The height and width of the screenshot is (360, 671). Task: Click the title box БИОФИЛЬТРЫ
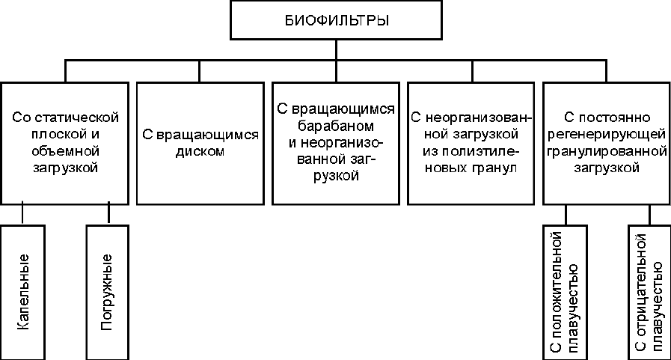[x=336, y=20]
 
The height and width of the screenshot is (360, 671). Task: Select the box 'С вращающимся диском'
[x=200, y=144]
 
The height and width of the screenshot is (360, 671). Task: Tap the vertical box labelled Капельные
[x=22, y=293]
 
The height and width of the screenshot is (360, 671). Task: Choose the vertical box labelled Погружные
[x=108, y=293]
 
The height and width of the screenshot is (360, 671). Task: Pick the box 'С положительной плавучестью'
[x=565, y=293]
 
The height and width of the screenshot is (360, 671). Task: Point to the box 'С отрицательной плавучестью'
[x=649, y=293]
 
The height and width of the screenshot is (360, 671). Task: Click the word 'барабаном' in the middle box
[x=336, y=126]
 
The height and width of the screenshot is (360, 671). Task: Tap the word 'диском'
[x=200, y=151]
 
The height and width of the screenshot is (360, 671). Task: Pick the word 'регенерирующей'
[x=607, y=135]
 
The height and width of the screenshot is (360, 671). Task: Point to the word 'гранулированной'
[x=607, y=151]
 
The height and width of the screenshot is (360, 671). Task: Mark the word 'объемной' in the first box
[x=66, y=150]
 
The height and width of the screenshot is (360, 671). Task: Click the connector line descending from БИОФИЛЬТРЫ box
[x=336, y=50]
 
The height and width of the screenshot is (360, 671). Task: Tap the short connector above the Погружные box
[x=108, y=213]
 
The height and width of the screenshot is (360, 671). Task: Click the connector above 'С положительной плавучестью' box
[x=566, y=215]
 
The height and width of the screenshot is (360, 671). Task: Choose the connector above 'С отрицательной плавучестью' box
[x=649, y=215]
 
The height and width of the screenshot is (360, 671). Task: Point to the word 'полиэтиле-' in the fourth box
[x=481, y=151]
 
